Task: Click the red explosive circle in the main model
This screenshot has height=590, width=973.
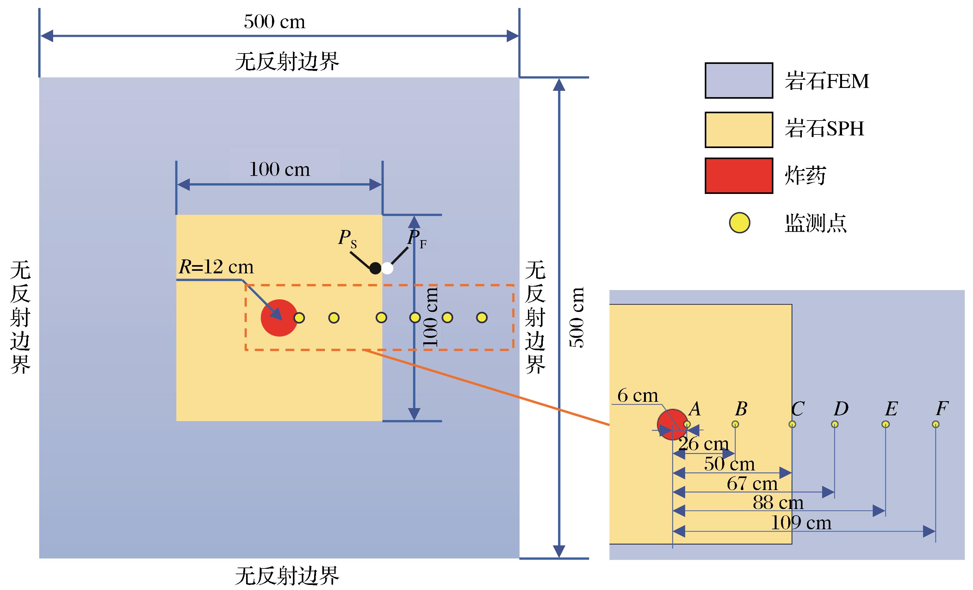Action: click(x=279, y=318)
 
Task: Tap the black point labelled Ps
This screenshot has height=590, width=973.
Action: click(x=375, y=269)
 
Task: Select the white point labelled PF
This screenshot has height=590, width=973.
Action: click(x=387, y=269)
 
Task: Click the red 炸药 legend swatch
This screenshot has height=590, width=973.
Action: click(x=739, y=176)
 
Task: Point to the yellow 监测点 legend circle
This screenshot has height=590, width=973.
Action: click(x=739, y=223)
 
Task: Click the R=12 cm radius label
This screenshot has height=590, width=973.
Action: click(x=216, y=267)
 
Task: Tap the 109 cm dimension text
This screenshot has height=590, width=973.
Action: click(x=801, y=523)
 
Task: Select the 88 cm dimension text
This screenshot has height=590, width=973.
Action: click(x=778, y=503)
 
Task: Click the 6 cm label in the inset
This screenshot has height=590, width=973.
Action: click(x=638, y=395)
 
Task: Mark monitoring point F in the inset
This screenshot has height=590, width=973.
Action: click(x=935, y=424)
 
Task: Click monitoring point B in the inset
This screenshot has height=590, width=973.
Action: click(x=735, y=424)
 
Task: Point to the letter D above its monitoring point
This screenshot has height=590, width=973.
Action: click(x=841, y=409)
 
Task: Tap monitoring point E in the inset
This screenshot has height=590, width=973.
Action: click(x=885, y=424)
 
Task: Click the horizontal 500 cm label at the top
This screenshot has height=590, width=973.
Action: click(x=275, y=22)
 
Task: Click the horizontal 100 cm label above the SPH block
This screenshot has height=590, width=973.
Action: click(x=280, y=170)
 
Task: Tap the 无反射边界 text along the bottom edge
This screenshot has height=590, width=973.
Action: click(x=287, y=576)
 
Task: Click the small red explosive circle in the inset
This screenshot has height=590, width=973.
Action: click(x=672, y=425)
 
